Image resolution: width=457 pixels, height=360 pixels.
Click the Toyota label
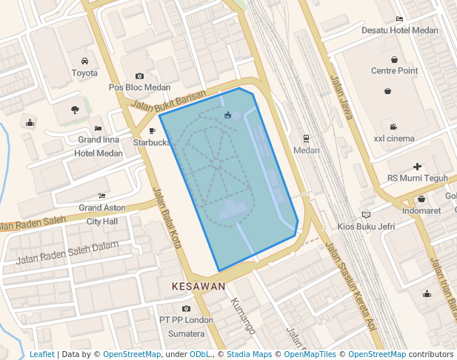(84, 73)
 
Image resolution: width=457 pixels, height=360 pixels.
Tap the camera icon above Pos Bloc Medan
(139, 76)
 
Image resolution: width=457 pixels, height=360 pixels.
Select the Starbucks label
(152, 142)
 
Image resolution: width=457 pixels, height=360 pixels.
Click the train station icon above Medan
(307, 139)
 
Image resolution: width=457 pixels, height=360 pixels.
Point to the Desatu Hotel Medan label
(399, 31)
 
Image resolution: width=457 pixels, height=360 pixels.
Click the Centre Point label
(394, 71)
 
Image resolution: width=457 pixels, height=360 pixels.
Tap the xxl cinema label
(394, 139)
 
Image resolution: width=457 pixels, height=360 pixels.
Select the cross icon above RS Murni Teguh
(418, 167)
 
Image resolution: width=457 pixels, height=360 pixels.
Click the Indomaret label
(421, 210)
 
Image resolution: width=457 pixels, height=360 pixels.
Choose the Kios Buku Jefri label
(366, 226)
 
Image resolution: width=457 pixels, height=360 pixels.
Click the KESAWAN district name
(198, 286)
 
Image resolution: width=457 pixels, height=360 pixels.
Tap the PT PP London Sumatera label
(186, 326)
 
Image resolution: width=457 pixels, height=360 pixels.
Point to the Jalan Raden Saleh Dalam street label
(67, 252)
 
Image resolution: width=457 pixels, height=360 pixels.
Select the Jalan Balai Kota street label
(167, 217)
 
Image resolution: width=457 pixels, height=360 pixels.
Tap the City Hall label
(102, 221)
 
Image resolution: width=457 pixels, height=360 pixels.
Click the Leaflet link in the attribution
(41, 355)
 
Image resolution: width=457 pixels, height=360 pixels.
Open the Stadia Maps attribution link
(253, 355)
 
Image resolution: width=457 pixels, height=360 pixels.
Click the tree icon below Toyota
(75, 110)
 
